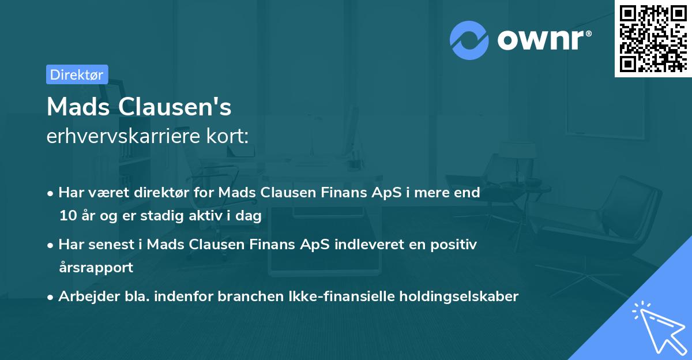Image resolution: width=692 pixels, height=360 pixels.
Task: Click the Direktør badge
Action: (x=77, y=74)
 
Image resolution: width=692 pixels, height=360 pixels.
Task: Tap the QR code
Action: (x=653, y=38)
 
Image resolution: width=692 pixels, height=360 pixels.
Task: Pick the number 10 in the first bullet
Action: (x=68, y=216)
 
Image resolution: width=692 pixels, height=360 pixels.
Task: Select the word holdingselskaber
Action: (x=458, y=297)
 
